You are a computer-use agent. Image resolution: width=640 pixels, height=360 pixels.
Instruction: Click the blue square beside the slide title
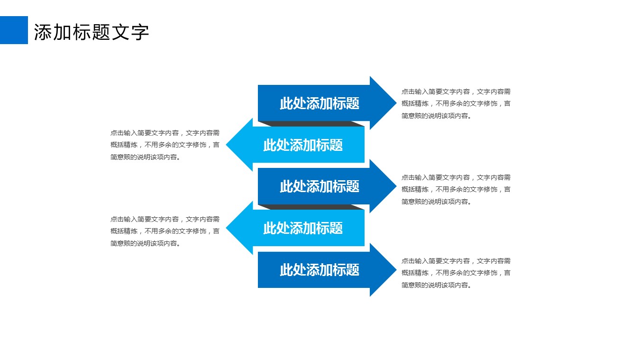14,30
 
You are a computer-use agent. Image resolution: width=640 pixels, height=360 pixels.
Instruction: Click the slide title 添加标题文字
91,32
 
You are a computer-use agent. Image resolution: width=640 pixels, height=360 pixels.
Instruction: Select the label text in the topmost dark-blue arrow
319,103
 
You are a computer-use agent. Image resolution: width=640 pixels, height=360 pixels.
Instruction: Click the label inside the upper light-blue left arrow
303,145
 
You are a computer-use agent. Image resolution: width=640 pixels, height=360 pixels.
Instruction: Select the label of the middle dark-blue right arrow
319,186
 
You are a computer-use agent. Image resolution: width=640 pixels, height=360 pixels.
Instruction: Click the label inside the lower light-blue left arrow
303,228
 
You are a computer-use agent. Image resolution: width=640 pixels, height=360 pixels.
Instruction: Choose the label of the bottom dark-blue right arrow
319,270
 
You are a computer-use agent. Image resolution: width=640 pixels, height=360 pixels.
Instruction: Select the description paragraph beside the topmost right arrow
456,103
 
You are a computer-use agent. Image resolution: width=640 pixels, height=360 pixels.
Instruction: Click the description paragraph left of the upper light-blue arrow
165,145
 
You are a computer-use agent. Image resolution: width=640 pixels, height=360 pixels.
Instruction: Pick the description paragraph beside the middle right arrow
456,189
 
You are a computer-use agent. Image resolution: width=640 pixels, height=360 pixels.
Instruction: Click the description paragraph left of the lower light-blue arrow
165,231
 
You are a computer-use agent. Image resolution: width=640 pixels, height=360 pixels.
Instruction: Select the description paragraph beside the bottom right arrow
456,273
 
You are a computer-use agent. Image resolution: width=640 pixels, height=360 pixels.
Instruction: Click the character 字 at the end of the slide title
140,32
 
